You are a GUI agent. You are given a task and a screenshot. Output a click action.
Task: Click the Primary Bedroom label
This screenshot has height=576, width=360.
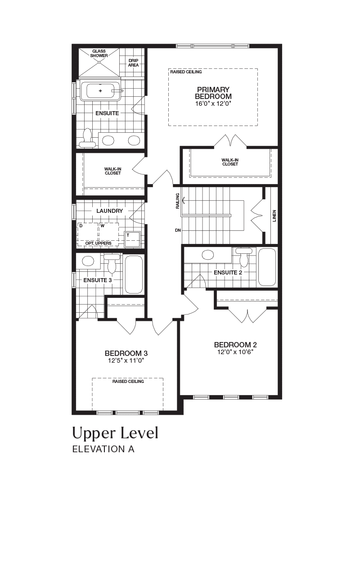point(213,93)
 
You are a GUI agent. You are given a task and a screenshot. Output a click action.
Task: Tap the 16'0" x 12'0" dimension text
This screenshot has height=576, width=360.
point(213,103)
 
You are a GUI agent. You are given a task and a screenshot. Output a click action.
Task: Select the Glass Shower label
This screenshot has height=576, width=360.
point(99,53)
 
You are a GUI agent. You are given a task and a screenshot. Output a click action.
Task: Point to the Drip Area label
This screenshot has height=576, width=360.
point(134,63)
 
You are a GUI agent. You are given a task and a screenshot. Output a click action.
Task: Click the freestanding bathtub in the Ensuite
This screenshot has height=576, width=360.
point(100,91)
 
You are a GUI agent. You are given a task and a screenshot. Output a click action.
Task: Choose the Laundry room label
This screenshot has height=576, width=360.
point(110,211)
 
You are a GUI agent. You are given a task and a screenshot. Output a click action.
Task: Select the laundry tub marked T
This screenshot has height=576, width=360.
point(133,239)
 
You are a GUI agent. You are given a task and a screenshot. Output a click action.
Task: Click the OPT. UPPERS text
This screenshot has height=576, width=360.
point(99,243)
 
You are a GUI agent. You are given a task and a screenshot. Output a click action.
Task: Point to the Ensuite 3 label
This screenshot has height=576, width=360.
point(98,280)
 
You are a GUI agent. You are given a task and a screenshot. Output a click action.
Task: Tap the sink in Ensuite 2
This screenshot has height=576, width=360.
point(208,255)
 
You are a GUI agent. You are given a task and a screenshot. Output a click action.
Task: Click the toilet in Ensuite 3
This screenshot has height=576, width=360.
point(112,263)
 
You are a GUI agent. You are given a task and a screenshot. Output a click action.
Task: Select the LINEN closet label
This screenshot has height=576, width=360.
point(274,216)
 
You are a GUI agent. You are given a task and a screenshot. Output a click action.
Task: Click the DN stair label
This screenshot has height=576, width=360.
point(178,230)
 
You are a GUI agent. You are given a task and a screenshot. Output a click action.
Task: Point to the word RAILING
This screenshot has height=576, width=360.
point(178,201)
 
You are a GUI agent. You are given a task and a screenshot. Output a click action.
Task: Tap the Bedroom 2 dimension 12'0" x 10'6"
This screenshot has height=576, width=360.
point(235,352)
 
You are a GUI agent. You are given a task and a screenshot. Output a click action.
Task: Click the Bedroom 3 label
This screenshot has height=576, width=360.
point(126,353)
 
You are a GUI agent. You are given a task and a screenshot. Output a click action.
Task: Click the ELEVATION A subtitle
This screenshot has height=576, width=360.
point(103,449)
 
